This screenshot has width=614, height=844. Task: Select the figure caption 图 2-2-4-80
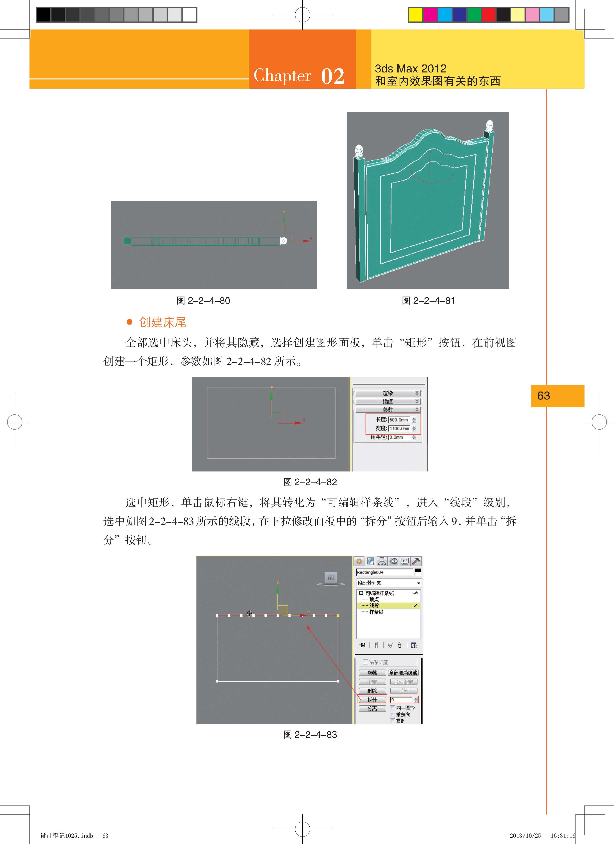[x=203, y=301]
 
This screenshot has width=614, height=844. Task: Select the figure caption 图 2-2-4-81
[x=428, y=301]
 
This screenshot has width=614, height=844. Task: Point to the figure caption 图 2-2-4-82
[x=310, y=482]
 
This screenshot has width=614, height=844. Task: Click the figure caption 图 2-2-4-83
[x=310, y=735]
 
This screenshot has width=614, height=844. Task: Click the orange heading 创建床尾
[x=163, y=322]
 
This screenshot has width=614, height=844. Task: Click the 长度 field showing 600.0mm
[x=399, y=420]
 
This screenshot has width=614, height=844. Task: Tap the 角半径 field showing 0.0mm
[x=399, y=437]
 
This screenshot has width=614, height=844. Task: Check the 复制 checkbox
[x=392, y=721]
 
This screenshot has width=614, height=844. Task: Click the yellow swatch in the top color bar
[x=415, y=14]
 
